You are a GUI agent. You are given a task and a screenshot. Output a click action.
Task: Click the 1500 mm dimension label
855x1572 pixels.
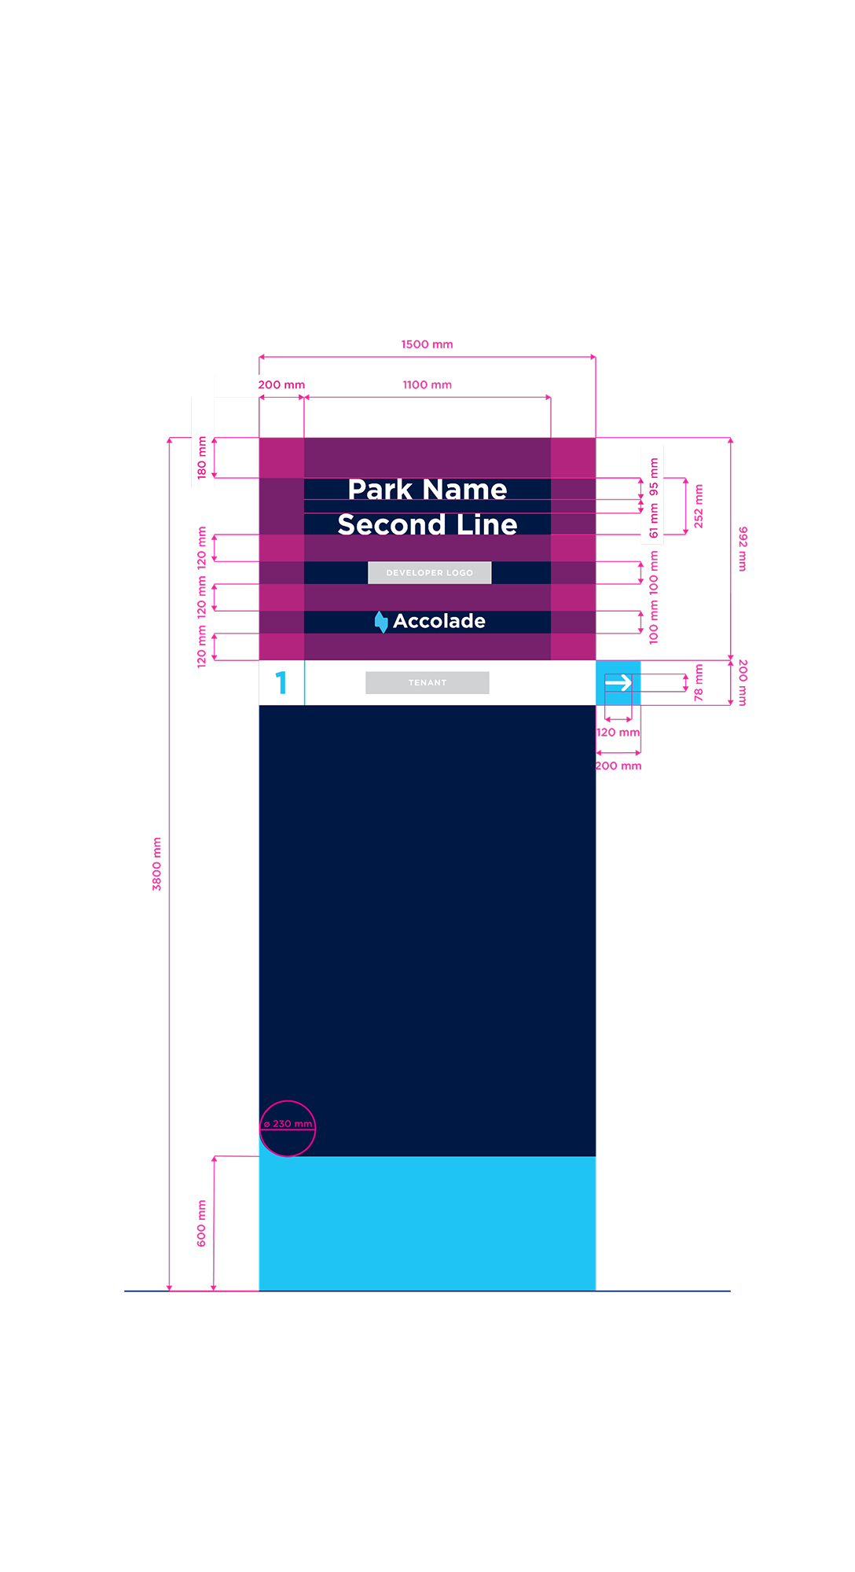coord(427,344)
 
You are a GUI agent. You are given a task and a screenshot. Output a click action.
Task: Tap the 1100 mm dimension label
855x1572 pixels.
coord(427,384)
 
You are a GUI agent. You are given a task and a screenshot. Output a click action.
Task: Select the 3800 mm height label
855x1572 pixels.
coord(156,864)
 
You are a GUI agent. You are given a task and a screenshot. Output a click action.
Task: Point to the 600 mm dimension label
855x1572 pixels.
coord(201,1223)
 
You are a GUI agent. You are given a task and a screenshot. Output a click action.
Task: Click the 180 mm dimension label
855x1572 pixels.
coord(202,458)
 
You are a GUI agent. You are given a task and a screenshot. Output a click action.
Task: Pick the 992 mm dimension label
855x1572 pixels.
coord(743,549)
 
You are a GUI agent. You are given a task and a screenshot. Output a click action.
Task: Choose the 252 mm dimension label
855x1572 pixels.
coord(698,506)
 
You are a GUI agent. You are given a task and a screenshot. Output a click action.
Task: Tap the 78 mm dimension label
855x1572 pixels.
coord(698,682)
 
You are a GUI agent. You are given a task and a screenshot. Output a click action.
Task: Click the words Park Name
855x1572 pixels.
coord(427,489)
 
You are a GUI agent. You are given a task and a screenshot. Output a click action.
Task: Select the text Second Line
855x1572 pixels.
coord(427,524)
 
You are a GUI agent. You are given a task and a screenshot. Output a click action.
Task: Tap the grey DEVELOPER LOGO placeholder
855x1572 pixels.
coord(430,572)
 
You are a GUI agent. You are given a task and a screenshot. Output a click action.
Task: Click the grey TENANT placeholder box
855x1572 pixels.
coord(427,682)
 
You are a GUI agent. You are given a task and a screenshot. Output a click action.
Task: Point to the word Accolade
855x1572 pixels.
coord(439,621)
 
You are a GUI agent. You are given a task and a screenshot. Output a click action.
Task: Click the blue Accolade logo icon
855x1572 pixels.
coord(381,622)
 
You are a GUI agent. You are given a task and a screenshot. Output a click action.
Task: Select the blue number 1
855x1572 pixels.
coord(281,682)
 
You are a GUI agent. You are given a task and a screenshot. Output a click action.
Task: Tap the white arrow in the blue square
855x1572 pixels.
coord(618,682)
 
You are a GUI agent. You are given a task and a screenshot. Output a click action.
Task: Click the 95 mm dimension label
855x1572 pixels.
coord(653,477)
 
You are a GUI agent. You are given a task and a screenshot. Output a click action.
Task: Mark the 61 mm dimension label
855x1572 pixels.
coord(653,521)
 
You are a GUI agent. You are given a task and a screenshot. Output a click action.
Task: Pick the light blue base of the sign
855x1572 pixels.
coord(427,1223)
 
